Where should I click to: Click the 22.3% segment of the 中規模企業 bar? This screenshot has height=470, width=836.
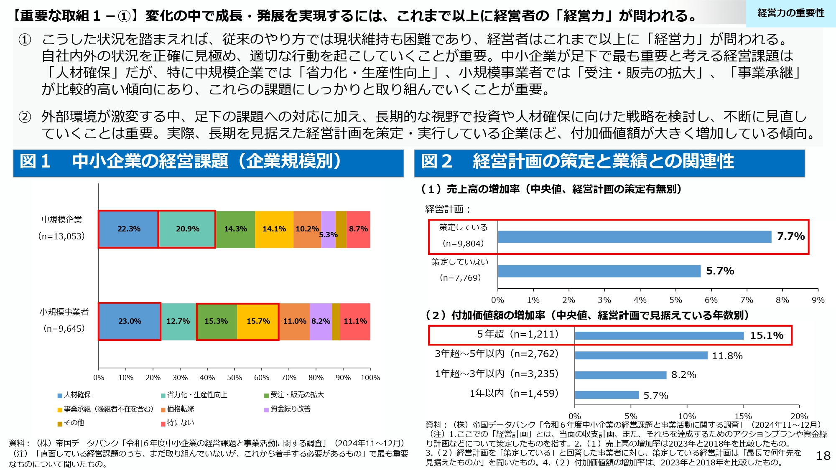point(128,229)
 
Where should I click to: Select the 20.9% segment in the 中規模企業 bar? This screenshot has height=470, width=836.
point(187,229)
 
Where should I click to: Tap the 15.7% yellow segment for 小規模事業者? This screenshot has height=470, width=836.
point(258,321)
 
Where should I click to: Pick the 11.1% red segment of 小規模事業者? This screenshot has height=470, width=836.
point(355,321)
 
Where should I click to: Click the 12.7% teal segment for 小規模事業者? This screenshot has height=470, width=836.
point(178,321)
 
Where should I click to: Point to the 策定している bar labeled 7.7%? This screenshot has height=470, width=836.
point(634,237)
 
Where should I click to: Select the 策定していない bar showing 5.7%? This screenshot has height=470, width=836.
point(599,271)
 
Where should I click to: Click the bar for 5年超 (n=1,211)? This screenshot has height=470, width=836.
point(659,335)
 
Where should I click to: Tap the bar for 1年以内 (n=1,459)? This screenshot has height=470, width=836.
point(607,395)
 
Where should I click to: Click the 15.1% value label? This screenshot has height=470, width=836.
point(767,335)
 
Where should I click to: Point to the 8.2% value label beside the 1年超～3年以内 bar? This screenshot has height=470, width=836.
point(683,375)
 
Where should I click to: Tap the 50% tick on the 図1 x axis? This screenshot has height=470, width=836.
point(234,378)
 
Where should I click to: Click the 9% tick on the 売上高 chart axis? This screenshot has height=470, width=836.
point(818,300)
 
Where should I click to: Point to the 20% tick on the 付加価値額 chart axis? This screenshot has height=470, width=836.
point(799,416)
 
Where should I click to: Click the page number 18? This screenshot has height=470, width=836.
point(823,456)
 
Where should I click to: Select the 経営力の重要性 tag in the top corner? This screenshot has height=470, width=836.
point(791,13)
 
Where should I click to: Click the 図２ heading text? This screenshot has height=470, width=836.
point(577,162)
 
